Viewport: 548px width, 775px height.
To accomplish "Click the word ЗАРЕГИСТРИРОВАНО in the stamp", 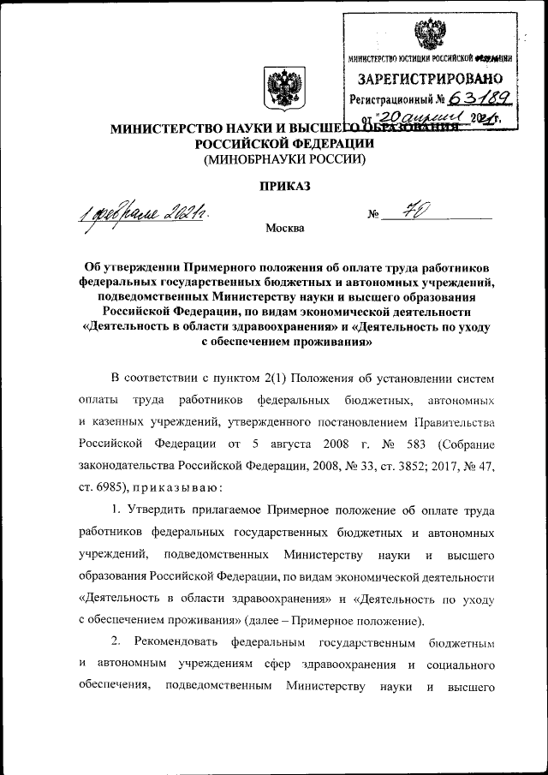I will (429, 80).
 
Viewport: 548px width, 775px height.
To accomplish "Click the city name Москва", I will (283, 229).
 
